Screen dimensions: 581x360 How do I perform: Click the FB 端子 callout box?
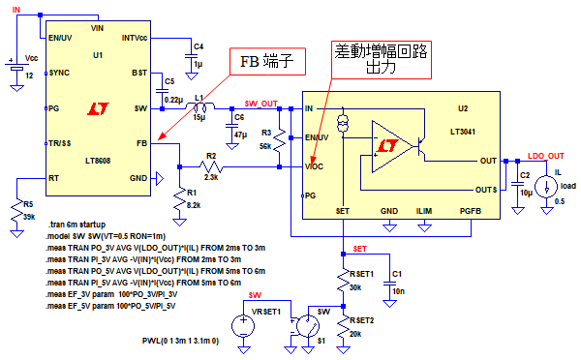point(267,62)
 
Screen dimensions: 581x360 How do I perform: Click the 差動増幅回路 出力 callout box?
point(382,60)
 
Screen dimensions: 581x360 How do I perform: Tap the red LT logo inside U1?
point(98,108)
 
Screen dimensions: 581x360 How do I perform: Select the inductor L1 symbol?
point(199,106)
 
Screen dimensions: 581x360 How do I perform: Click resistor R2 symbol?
point(211,167)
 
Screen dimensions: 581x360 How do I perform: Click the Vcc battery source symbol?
point(16,67)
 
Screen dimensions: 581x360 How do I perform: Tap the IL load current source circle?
point(546,187)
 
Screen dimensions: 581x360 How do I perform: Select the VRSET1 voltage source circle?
point(243,326)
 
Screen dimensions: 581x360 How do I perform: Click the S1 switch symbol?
point(308,326)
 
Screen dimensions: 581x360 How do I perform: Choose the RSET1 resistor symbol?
point(343,281)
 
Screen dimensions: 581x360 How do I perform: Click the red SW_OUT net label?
point(261,104)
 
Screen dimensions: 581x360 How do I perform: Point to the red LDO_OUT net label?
point(546,156)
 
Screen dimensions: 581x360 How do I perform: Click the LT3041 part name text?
point(463,132)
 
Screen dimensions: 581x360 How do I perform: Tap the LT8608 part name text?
point(98,161)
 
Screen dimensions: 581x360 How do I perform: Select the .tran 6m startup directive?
point(77,225)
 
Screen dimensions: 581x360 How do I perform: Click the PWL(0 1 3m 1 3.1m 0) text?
point(180,341)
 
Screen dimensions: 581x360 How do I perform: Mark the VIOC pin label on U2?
point(314,166)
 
